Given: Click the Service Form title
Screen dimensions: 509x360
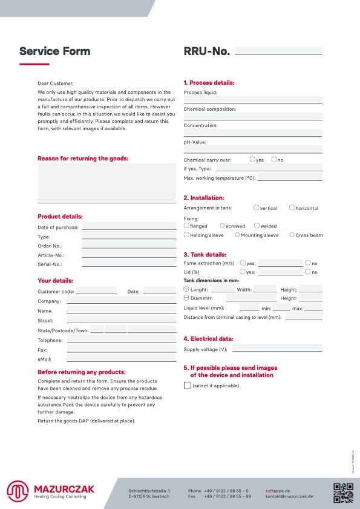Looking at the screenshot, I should pyautogui.click(x=55, y=51).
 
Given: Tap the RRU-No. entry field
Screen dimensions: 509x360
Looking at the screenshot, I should pyautogui.click(x=278, y=51).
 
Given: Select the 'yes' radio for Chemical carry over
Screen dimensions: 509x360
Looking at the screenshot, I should pyautogui.click(x=252, y=160).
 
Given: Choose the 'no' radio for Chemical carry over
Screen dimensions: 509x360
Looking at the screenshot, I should pyautogui.click(x=274, y=160).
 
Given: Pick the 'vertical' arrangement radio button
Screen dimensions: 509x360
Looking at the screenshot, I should pyautogui.click(x=257, y=208).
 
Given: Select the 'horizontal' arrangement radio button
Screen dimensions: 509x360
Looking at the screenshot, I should pyautogui.click(x=292, y=208).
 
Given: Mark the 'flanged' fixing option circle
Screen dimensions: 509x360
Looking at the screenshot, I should pyautogui.click(x=186, y=226).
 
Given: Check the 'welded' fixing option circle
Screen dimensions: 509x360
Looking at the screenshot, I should pyautogui.click(x=257, y=226).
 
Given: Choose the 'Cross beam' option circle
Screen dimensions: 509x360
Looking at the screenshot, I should pyautogui.click(x=292, y=235).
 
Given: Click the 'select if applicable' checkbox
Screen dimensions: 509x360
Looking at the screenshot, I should pyautogui.click(x=187, y=386).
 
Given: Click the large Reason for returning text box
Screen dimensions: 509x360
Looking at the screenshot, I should pyautogui.click(x=107, y=182).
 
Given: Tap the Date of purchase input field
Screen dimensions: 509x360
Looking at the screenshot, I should pyautogui.click(x=129, y=227).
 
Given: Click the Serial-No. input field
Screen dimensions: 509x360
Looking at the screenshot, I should pyautogui.click(x=129, y=264).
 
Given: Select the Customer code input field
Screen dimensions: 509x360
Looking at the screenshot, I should pyautogui.click(x=96, y=291).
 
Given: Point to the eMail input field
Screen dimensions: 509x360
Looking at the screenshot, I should pyautogui.click(x=122, y=359).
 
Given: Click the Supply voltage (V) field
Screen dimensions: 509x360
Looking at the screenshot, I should pyautogui.click(x=277, y=349).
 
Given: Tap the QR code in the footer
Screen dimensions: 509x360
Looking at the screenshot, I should pyautogui.click(x=343, y=493).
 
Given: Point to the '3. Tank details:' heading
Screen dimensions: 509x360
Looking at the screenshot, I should pyautogui.click(x=205, y=255).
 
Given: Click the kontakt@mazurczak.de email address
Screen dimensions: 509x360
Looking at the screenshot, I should pyautogui.click(x=289, y=496).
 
